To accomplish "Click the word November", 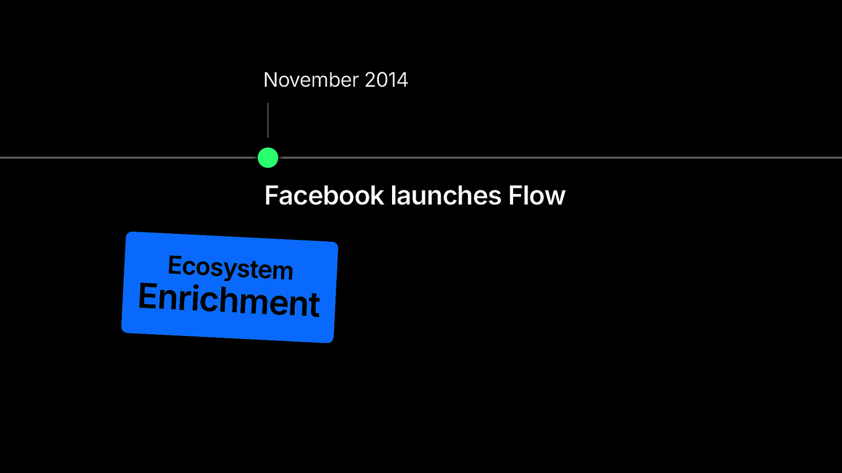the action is click(311, 79).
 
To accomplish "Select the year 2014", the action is click(386, 79).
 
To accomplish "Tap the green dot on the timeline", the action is click(268, 158).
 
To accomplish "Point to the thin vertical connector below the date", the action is click(268, 120).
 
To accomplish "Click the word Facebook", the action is click(324, 195).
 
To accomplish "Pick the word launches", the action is click(446, 195).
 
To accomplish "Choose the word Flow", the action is click(537, 195).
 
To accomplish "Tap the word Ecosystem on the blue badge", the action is click(230, 268).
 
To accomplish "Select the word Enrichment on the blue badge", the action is click(229, 300).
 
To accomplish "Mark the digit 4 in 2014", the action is click(402, 79).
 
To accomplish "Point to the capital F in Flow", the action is click(516, 195).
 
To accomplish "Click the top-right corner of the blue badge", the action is click(337, 243).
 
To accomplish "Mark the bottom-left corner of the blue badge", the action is click(122, 332).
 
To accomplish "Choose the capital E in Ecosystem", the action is click(175, 265).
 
